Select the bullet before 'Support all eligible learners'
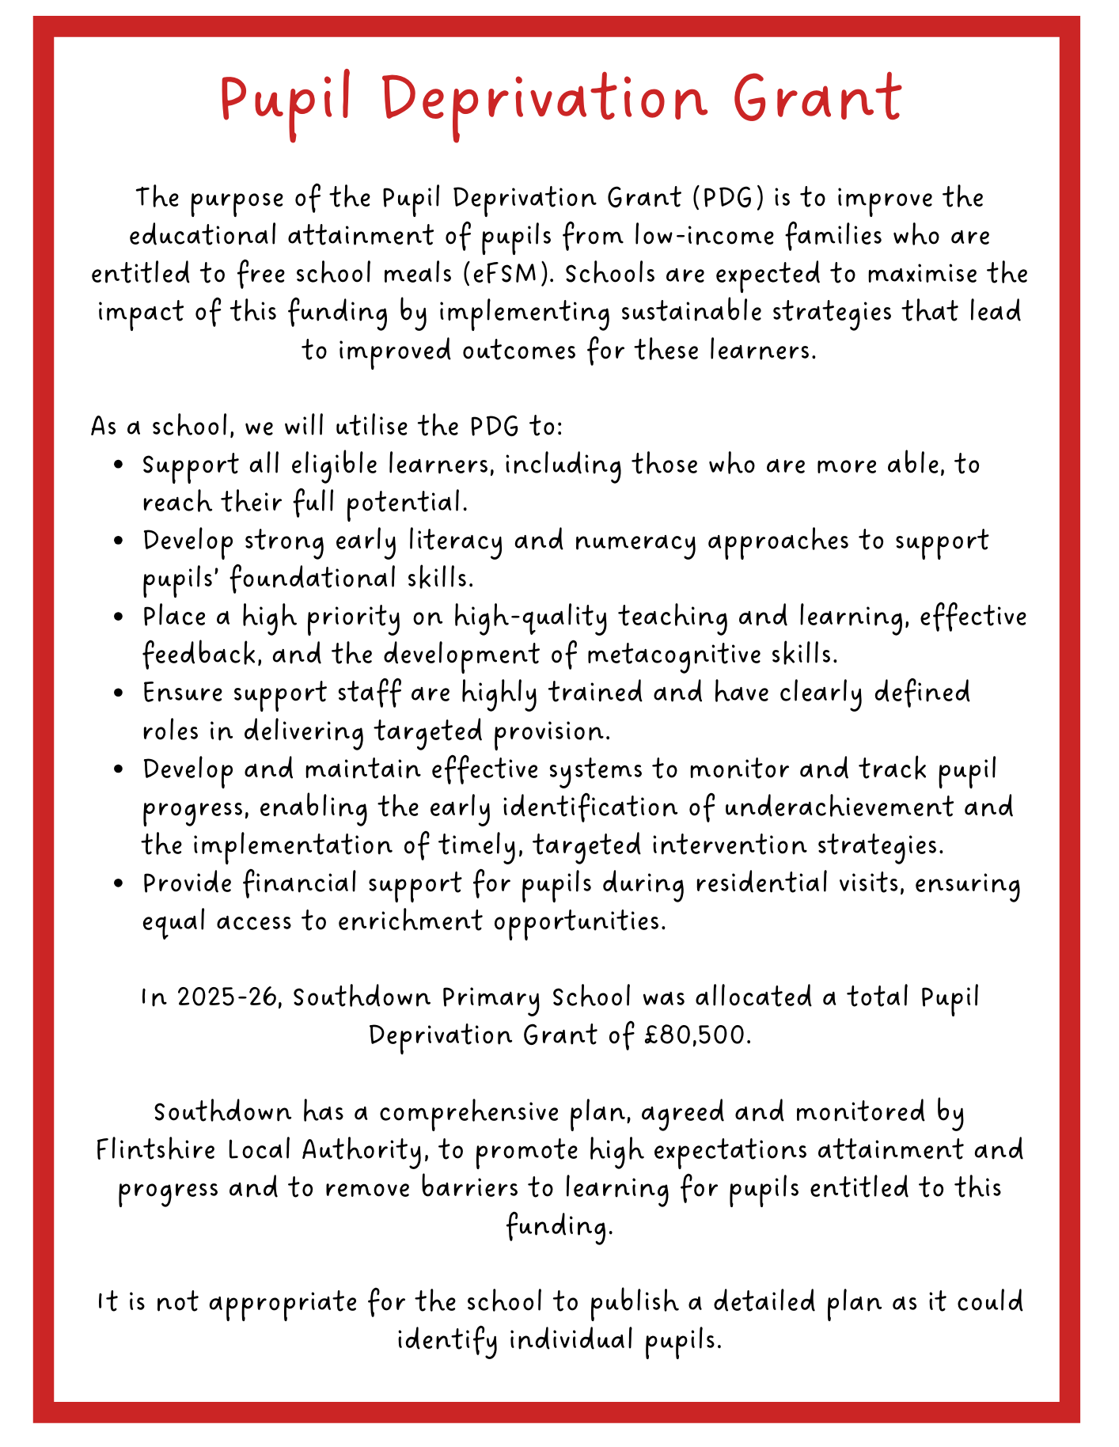(x=119, y=465)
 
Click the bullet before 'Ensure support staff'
(x=119, y=693)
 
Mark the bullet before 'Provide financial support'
(x=119, y=883)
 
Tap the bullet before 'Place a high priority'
(x=119, y=617)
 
